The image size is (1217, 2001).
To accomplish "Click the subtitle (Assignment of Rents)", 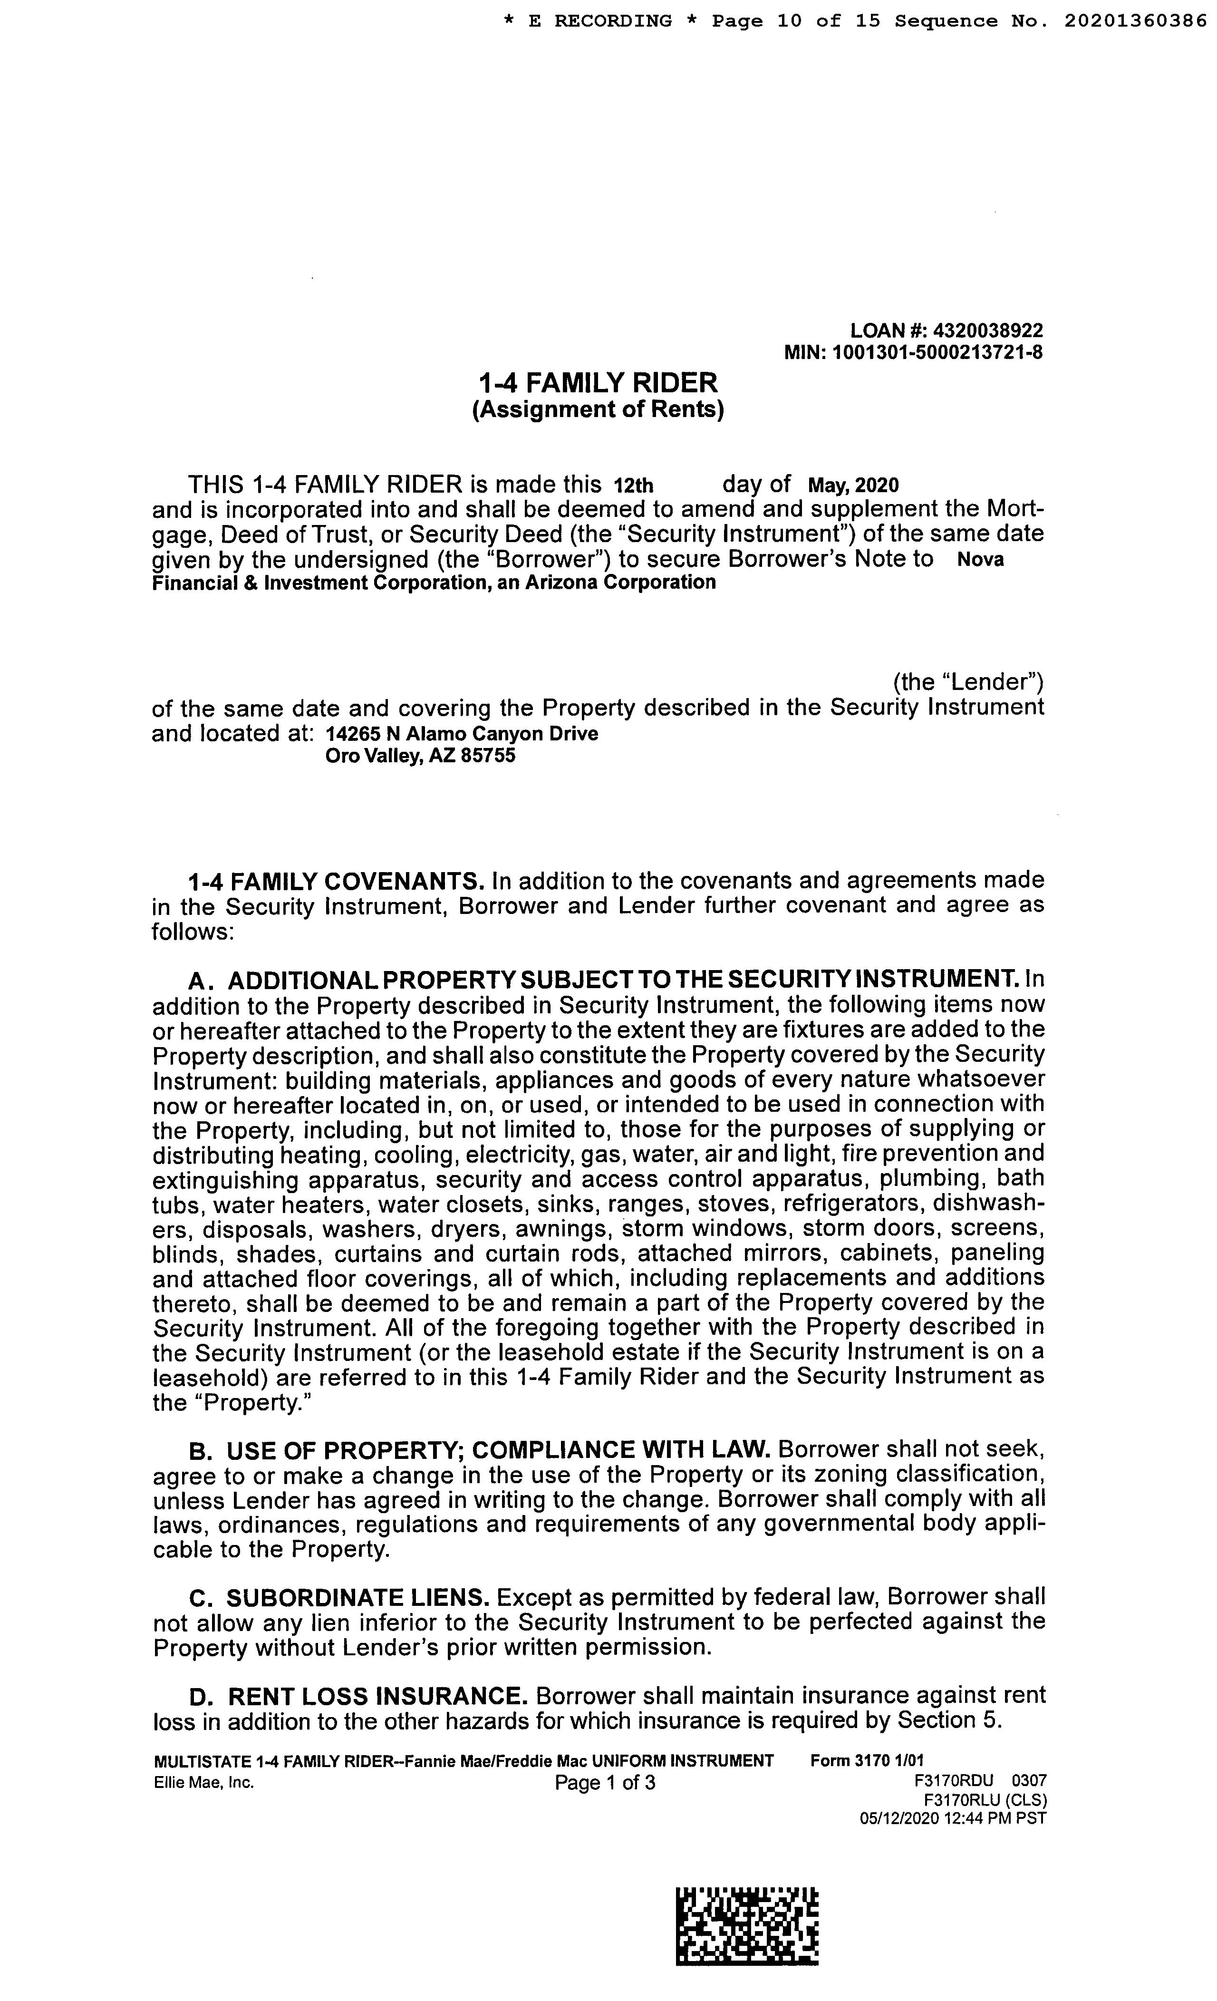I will point(599,409).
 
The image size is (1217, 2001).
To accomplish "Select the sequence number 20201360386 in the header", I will point(1135,21).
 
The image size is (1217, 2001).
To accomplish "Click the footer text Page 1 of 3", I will point(605,1783).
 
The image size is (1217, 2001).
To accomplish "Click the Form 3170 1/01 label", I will point(867,1760).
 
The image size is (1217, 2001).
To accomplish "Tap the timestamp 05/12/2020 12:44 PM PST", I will point(953,1818).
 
